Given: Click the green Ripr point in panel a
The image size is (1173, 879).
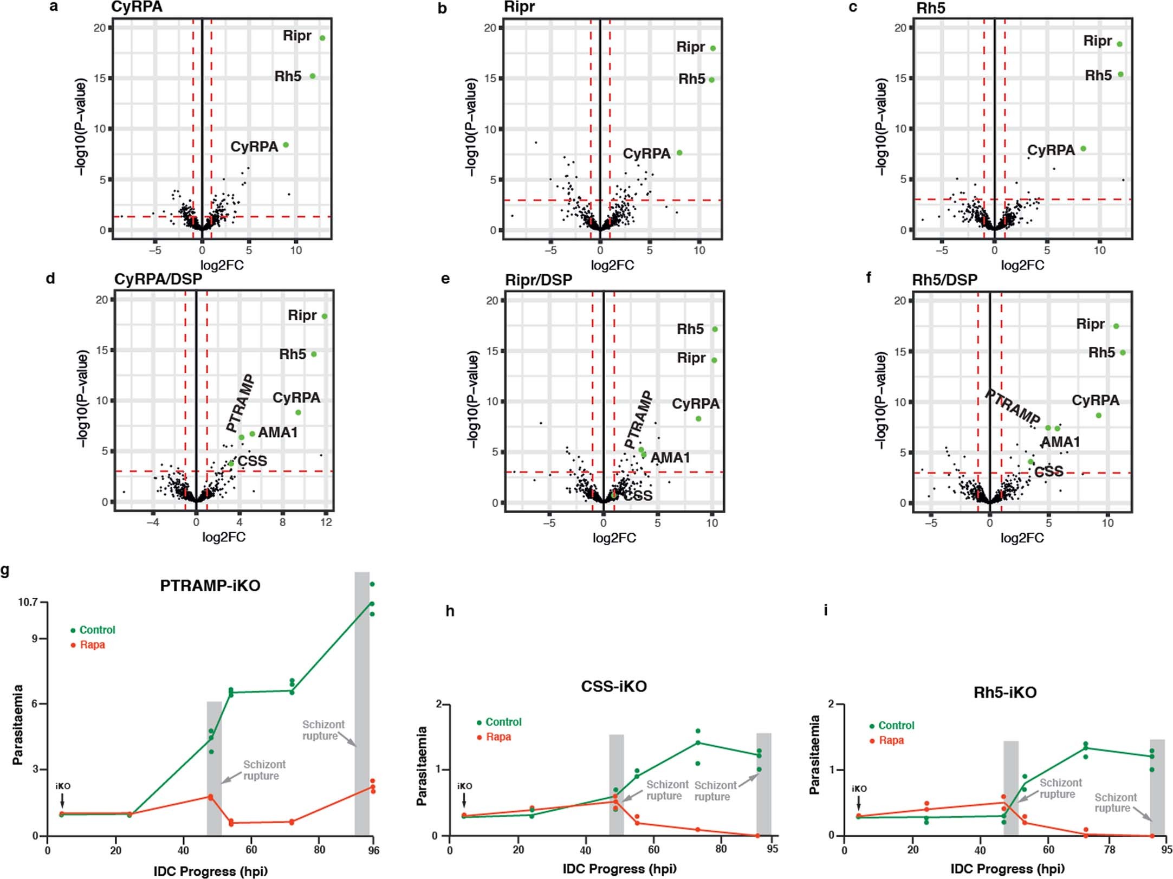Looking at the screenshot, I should pyautogui.click(x=322, y=38).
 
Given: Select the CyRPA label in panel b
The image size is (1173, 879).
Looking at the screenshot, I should pyautogui.click(x=646, y=153).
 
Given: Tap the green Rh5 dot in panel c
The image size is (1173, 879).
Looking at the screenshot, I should pyautogui.click(x=1120, y=74).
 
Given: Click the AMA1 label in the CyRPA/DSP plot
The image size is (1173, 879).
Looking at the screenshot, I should pyautogui.click(x=277, y=432).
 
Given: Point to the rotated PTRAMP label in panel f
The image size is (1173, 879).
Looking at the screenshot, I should pyautogui.click(x=1012, y=407).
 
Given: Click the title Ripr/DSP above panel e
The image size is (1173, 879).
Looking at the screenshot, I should pyautogui.click(x=538, y=280).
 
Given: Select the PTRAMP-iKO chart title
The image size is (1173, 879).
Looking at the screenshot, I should pyautogui.click(x=210, y=586).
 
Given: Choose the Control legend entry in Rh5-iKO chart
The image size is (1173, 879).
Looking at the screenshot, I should pyautogui.click(x=896, y=726).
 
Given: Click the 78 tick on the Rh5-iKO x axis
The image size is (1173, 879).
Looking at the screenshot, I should pyautogui.click(x=1110, y=849).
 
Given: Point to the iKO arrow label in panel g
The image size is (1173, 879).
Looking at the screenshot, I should pyautogui.click(x=63, y=786).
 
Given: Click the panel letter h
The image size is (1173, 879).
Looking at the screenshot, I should pyautogui.click(x=450, y=611).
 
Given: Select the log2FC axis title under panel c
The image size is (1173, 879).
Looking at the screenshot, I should pyautogui.click(x=1022, y=266).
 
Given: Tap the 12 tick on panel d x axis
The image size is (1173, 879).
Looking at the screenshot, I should pyautogui.click(x=326, y=522).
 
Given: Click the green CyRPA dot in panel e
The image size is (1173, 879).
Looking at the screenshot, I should pyautogui.click(x=698, y=419).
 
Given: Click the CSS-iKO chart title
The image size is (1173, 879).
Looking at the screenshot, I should pyautogui.click(x=614, y=687).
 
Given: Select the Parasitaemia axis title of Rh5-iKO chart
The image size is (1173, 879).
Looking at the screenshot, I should pyautogui.click(x=814, y=755).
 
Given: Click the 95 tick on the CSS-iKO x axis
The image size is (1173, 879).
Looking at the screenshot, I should pyautogui.click(x=772, y=849).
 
